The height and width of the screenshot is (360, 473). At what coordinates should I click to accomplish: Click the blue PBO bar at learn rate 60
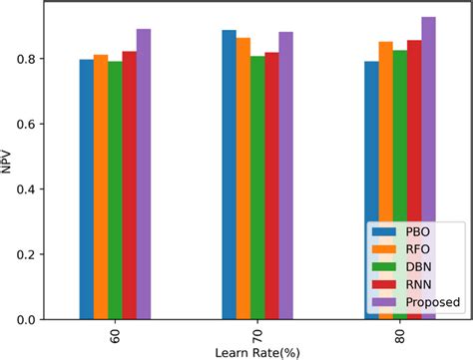(x=86, y=189)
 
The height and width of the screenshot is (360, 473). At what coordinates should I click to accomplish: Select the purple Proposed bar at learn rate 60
(x=144, y=175)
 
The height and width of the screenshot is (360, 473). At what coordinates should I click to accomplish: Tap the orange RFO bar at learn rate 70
(x=243, y=180)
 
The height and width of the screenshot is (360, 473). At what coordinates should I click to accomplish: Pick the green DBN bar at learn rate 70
(x=257, y=187)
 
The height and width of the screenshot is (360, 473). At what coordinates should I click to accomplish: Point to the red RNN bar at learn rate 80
(x=414, y=180)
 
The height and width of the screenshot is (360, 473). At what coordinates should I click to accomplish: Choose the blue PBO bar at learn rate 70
(x=229, y=175)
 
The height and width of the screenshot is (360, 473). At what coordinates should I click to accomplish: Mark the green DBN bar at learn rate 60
(x=115, y=190)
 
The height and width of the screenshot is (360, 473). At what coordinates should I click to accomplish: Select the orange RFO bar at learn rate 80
(x=385, y=180)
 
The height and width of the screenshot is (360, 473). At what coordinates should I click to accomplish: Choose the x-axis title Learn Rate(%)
(x=257, y=352)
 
